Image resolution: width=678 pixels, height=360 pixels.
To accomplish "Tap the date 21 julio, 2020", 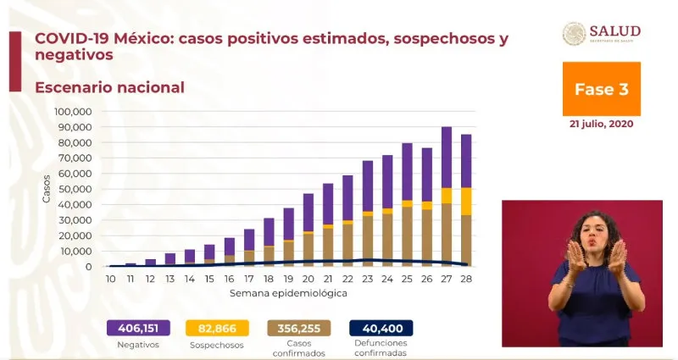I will point(601,123).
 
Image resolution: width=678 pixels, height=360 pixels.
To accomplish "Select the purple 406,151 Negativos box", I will point(137,328).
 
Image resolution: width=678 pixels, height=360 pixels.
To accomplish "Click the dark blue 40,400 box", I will point(381,328).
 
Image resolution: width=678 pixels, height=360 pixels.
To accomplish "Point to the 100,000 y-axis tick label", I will point(72,111).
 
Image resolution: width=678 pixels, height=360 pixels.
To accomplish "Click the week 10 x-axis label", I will point(110,279).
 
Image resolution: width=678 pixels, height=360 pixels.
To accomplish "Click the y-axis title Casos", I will point(47,188).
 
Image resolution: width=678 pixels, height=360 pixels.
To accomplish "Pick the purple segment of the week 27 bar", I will point(447,158).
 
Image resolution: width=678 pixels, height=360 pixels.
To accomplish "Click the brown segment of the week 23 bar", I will point(368,241).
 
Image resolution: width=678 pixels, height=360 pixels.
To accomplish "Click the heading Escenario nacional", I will point(109,87).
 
